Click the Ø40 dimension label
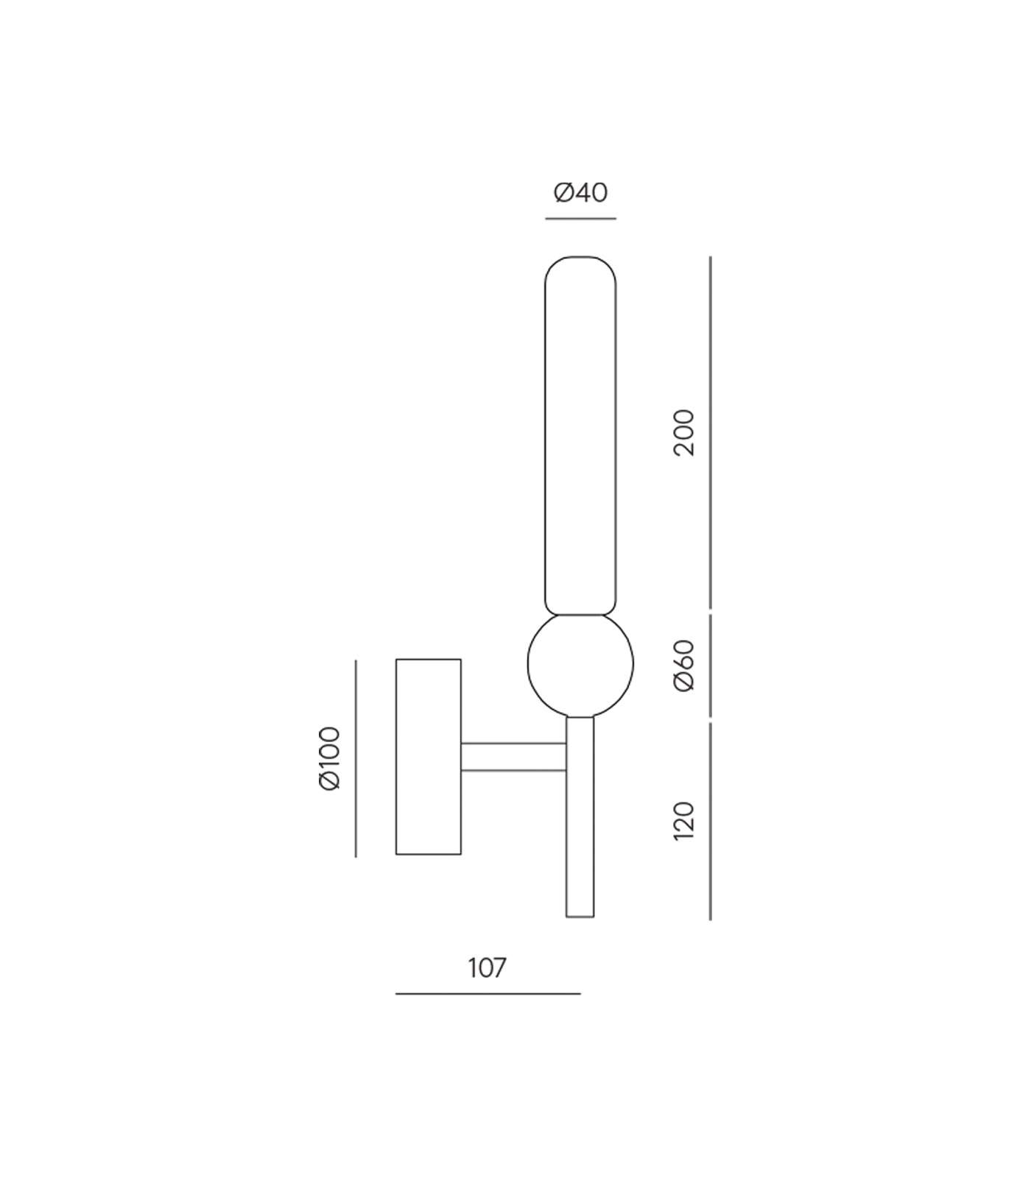pyautogui.click(x=580, y=193)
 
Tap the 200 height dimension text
pyautogui.click(x=684, y=433)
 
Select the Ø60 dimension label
pyautogui.click(x=684, y=665)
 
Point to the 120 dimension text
pyautogui.click(x=684, y=821)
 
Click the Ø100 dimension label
pyautogui.click(x=331, y=758)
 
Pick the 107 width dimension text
pyautogui.click(x=488, y=968)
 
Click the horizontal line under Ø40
pyautogui.click(x=580, y=219)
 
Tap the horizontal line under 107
pyautogui.click(x=488, y=994)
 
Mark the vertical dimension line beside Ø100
pyautogui.click(x=356, y=758)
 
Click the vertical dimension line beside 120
pyautogui.click(x=710, y=821)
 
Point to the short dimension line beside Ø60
pyautogui.click(x=710, y=665)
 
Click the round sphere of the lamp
pyautogui.click(x=580, y=665)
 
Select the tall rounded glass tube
pyautogui.click(x=580, y=434)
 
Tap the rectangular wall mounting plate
pyautogui.click(x=429, y=757)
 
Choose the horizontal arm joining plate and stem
pyautogui.click(x=513, y=757)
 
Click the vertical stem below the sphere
pyautogui.click(x=580, y=817)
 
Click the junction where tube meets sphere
pyautogui.click(x=580, y=615)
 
